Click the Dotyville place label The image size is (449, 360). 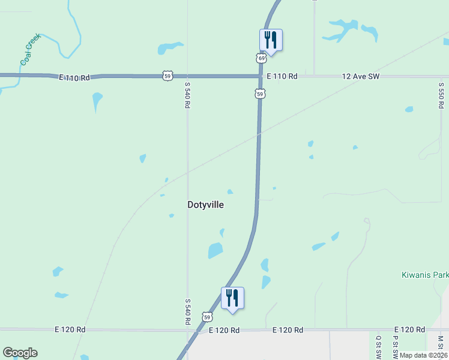click(205, 205)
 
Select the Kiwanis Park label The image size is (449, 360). click(424, 275)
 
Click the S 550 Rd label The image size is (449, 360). click(441, 92)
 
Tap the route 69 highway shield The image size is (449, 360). click(261, 58)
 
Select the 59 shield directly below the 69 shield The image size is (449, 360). click(260, 94)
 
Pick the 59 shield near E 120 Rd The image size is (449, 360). click(207, 316)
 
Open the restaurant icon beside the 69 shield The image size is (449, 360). click(271, 40)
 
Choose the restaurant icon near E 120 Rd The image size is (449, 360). click(232, 298)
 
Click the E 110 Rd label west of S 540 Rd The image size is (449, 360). click(74, 77)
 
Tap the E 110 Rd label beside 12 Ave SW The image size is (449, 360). click(282, 76)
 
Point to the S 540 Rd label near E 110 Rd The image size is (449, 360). click(187, 95)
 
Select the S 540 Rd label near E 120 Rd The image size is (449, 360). click(187, 312)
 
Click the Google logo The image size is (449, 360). click(20, 353)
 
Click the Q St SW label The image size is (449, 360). click(378, 347)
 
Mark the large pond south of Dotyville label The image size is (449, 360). click(215, 250)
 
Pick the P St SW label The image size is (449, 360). click(396, 347)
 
